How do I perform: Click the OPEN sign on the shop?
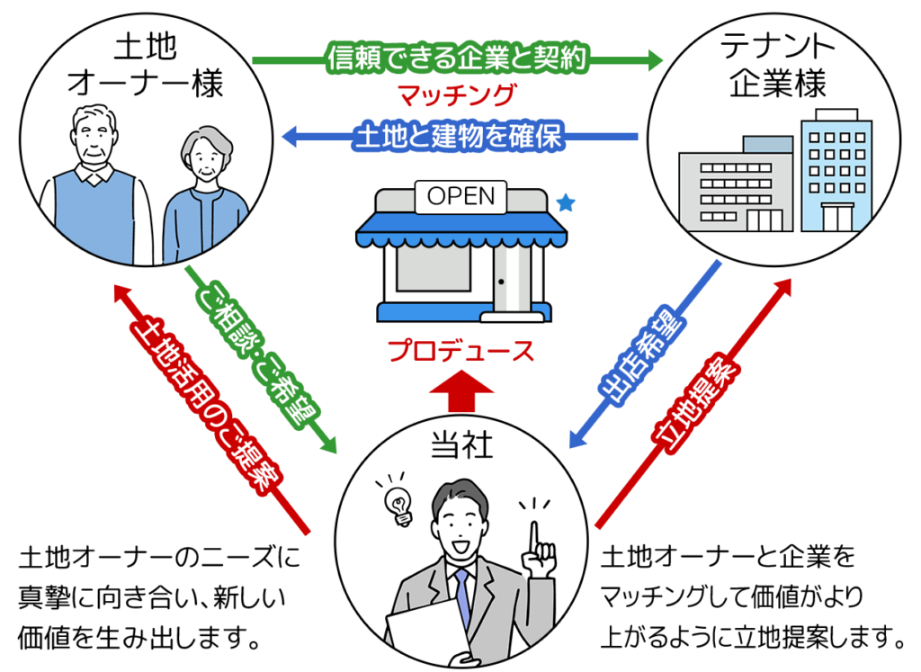coord(460,196)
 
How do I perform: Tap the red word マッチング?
coord(459,94)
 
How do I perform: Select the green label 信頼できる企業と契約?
coord(458,60)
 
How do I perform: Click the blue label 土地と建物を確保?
coord(459,138)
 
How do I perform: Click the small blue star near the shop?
coord(565,204)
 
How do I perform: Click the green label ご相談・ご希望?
coord(257,354)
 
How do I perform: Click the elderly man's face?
coord(92,141)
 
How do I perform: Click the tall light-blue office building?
coord(834,171)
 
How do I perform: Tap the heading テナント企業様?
coord(774,66)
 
